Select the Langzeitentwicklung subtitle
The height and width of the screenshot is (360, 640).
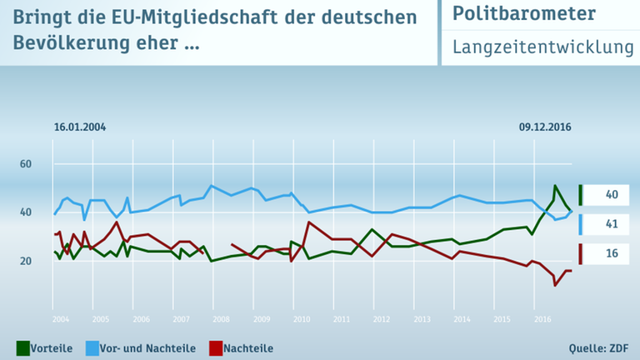pos(542,48)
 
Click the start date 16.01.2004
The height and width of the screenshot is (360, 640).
pos(80,127)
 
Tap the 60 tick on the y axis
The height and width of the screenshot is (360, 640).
pos(25,164)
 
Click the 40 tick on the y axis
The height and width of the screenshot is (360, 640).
pos(25,212)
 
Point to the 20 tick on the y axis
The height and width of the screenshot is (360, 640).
pos(25,261)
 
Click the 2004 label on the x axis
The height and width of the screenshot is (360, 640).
pos(59,319)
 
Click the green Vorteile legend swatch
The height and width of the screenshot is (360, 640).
pos(23,347)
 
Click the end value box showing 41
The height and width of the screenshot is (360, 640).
pos(610,224)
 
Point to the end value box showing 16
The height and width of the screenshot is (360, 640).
pos(610,253)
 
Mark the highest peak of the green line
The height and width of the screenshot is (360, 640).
pos(555,186)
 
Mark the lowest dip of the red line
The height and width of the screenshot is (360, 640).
pos(555,285)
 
